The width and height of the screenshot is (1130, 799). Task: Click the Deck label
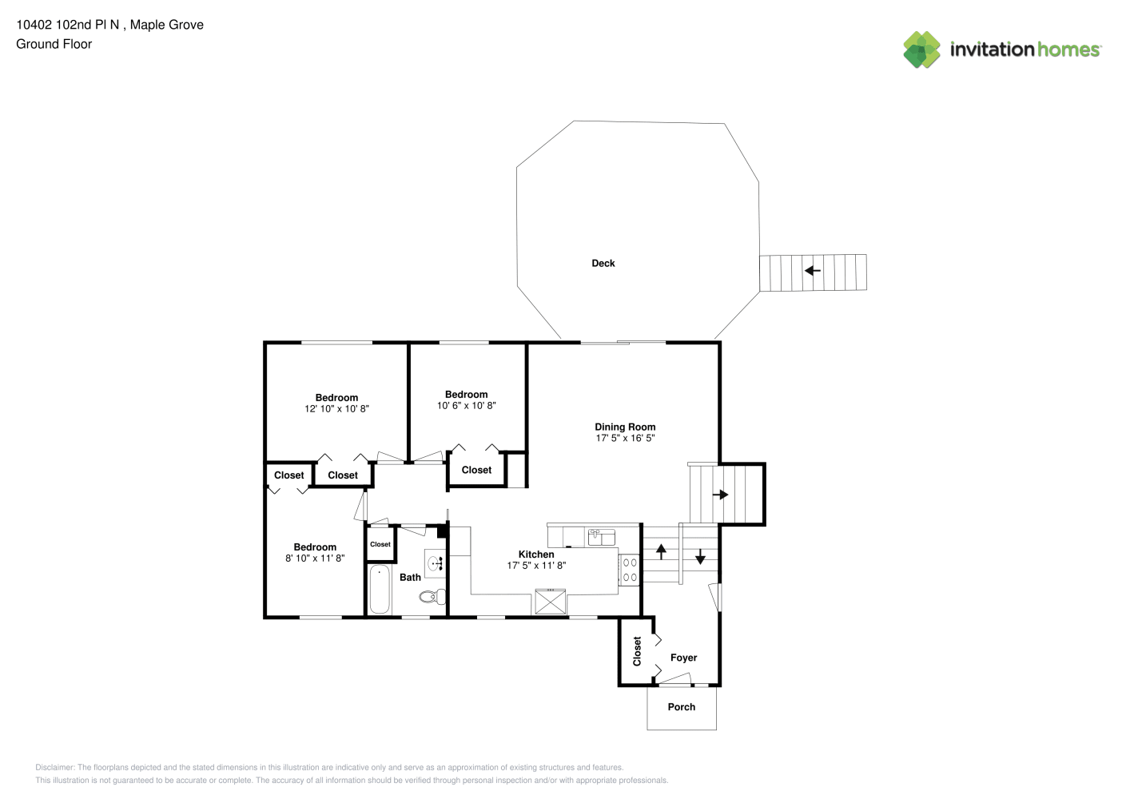(603, 264)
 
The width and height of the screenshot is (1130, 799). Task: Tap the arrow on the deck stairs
(812, 271)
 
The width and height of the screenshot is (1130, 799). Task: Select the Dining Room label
(625, 427)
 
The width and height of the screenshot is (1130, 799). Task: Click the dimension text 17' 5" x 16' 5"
(625, 439)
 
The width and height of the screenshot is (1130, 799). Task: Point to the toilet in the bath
(432, 597)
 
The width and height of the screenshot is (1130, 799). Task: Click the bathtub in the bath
(380, 589)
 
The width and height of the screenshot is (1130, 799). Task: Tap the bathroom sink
(435, 563)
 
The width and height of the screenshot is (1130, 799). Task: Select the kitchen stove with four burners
(629, 570)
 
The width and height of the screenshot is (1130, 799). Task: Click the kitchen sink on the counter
(602, 538)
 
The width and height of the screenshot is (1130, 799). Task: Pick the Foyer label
(683, 658)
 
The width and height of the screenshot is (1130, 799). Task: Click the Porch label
(682, 707)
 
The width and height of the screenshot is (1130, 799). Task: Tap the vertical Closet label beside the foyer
(637, 651)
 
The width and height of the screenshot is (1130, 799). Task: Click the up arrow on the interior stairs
(661, 551)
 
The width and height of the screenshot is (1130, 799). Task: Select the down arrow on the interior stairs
(700, 556)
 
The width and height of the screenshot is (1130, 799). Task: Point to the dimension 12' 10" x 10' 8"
(336, 409)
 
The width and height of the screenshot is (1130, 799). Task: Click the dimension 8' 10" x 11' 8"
(315, 559)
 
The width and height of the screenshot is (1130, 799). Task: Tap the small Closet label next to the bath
(380, 544)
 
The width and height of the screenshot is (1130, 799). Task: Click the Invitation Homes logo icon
(921, 50)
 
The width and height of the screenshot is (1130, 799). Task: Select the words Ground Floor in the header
(54, 45)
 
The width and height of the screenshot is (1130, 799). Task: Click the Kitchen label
(536, 555)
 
